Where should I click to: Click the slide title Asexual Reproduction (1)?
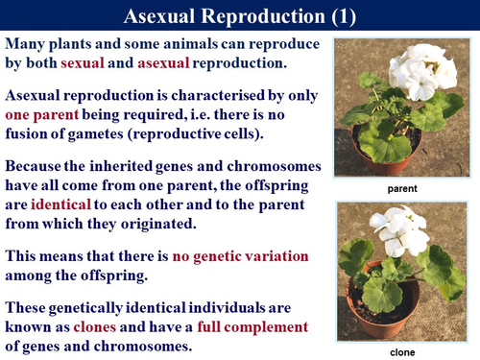(x=240, y=17)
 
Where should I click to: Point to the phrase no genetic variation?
(x=240, y=256)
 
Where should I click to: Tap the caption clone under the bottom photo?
(x=403, y=352)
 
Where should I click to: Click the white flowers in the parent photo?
(x=420, y=72)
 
